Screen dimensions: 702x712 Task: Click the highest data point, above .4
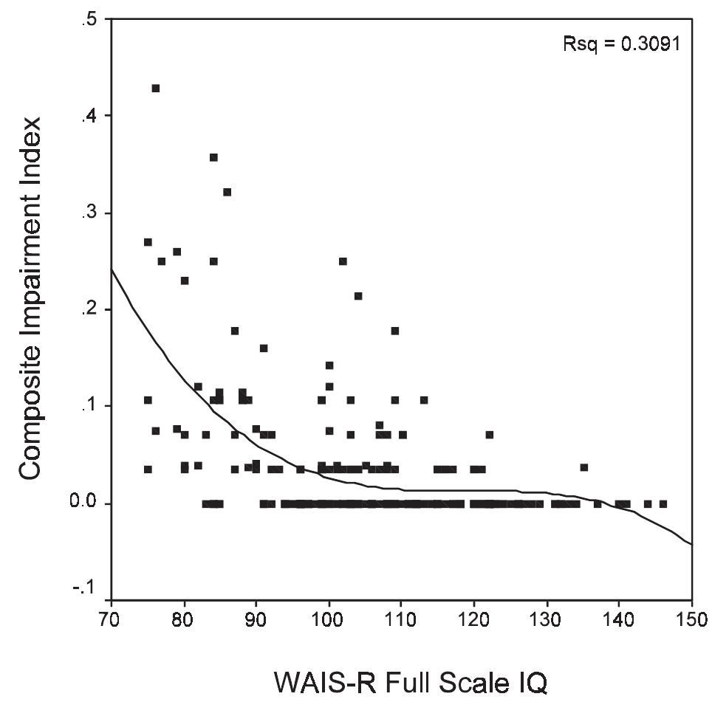point(155,88)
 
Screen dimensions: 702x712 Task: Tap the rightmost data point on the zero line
point(663,503)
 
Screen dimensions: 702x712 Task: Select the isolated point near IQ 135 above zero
point(583,467)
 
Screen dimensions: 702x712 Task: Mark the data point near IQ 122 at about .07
point(489,434)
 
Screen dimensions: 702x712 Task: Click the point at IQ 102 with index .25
point(343,261)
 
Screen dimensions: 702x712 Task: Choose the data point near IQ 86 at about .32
point(227,192)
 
